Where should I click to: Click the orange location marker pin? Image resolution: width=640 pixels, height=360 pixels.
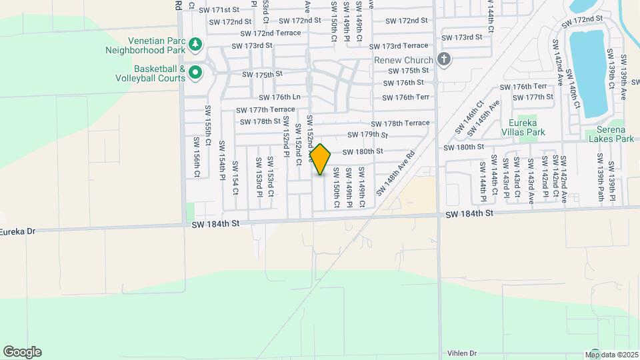click(x=321, y=159)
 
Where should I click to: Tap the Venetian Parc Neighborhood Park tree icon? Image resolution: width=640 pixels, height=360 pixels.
click(x=195, y=45)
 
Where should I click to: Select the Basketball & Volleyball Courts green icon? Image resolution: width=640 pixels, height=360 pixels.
click(x=195, y=72)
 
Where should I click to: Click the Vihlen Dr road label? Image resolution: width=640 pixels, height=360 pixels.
click(x=463, y=353)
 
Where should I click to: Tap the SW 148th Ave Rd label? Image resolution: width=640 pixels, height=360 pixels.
click(x=395, y=172)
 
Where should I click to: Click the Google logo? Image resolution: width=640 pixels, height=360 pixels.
click(x=22, y=351)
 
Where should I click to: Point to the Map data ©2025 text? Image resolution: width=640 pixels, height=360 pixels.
click(x=611, y=354)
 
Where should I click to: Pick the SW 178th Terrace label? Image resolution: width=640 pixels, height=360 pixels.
click(x=401, y=123)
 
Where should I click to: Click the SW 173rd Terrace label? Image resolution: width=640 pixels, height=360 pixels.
click(x=399, y=45)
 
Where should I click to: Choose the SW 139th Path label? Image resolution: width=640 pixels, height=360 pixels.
click(x=600, y=178)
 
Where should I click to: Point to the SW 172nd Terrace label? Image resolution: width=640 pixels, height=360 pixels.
click(x=271, y=33)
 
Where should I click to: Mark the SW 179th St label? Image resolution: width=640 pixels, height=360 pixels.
click(x=364, y=135)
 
